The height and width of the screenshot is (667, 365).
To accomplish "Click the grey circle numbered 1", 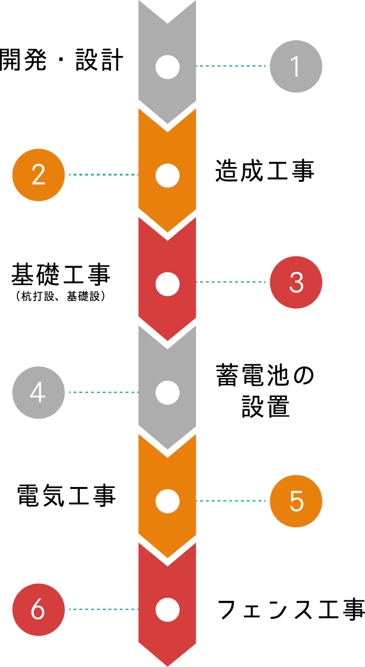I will point(296,67).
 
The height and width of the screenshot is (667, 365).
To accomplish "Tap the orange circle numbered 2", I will point(38,175).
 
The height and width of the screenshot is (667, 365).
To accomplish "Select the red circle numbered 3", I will point(296,282).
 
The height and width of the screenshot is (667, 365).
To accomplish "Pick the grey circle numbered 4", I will point(38,392).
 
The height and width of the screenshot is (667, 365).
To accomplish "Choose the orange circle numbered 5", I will point(296,501).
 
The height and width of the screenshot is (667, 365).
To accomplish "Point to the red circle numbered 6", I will point(38,609).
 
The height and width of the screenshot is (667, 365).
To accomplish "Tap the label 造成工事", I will point(265,171).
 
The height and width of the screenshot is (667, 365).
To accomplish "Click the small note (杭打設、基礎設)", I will point(61,296).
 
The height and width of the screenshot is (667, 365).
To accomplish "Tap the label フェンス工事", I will point(291,610).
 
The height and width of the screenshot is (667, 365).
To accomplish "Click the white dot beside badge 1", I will point(167,67).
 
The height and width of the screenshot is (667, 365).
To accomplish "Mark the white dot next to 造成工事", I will point(167,175).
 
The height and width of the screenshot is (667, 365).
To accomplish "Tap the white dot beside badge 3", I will point(167,284).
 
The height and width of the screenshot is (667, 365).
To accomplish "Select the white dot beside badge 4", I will point(167,392).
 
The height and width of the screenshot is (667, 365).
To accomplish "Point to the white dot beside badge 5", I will point(167,501).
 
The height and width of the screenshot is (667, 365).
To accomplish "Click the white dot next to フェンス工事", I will point(167,610).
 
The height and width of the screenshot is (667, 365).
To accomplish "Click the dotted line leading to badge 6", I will point(103,609).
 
